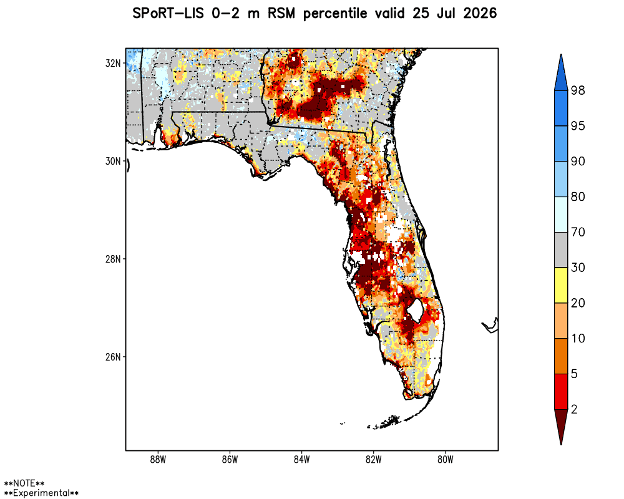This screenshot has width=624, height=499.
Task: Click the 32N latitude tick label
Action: (113, 63)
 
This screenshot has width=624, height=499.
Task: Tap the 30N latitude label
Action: (113, 161)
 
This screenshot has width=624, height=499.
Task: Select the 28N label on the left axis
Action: (113, 259)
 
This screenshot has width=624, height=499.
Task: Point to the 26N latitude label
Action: (113, 357)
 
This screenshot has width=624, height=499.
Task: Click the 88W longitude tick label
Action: (158, 460)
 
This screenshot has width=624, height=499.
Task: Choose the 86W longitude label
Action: (230, 460)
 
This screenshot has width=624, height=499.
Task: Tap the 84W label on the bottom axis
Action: (301, 460)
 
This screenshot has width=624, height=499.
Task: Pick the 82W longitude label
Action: (374, 460)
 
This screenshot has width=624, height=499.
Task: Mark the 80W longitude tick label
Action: (446, 460)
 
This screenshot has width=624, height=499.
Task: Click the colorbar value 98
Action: (578, 90)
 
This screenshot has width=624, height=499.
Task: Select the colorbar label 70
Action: (578, 232)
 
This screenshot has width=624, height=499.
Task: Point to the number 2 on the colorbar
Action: (574, 409)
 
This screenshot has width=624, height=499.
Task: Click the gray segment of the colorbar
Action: (561, 250)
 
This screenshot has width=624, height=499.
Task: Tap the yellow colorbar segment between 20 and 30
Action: (561, 285)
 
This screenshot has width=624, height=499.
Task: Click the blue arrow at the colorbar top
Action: (561, 73)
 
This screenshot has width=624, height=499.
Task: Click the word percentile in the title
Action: (335, 14)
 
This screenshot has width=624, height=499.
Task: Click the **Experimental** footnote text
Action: (41, 493)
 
